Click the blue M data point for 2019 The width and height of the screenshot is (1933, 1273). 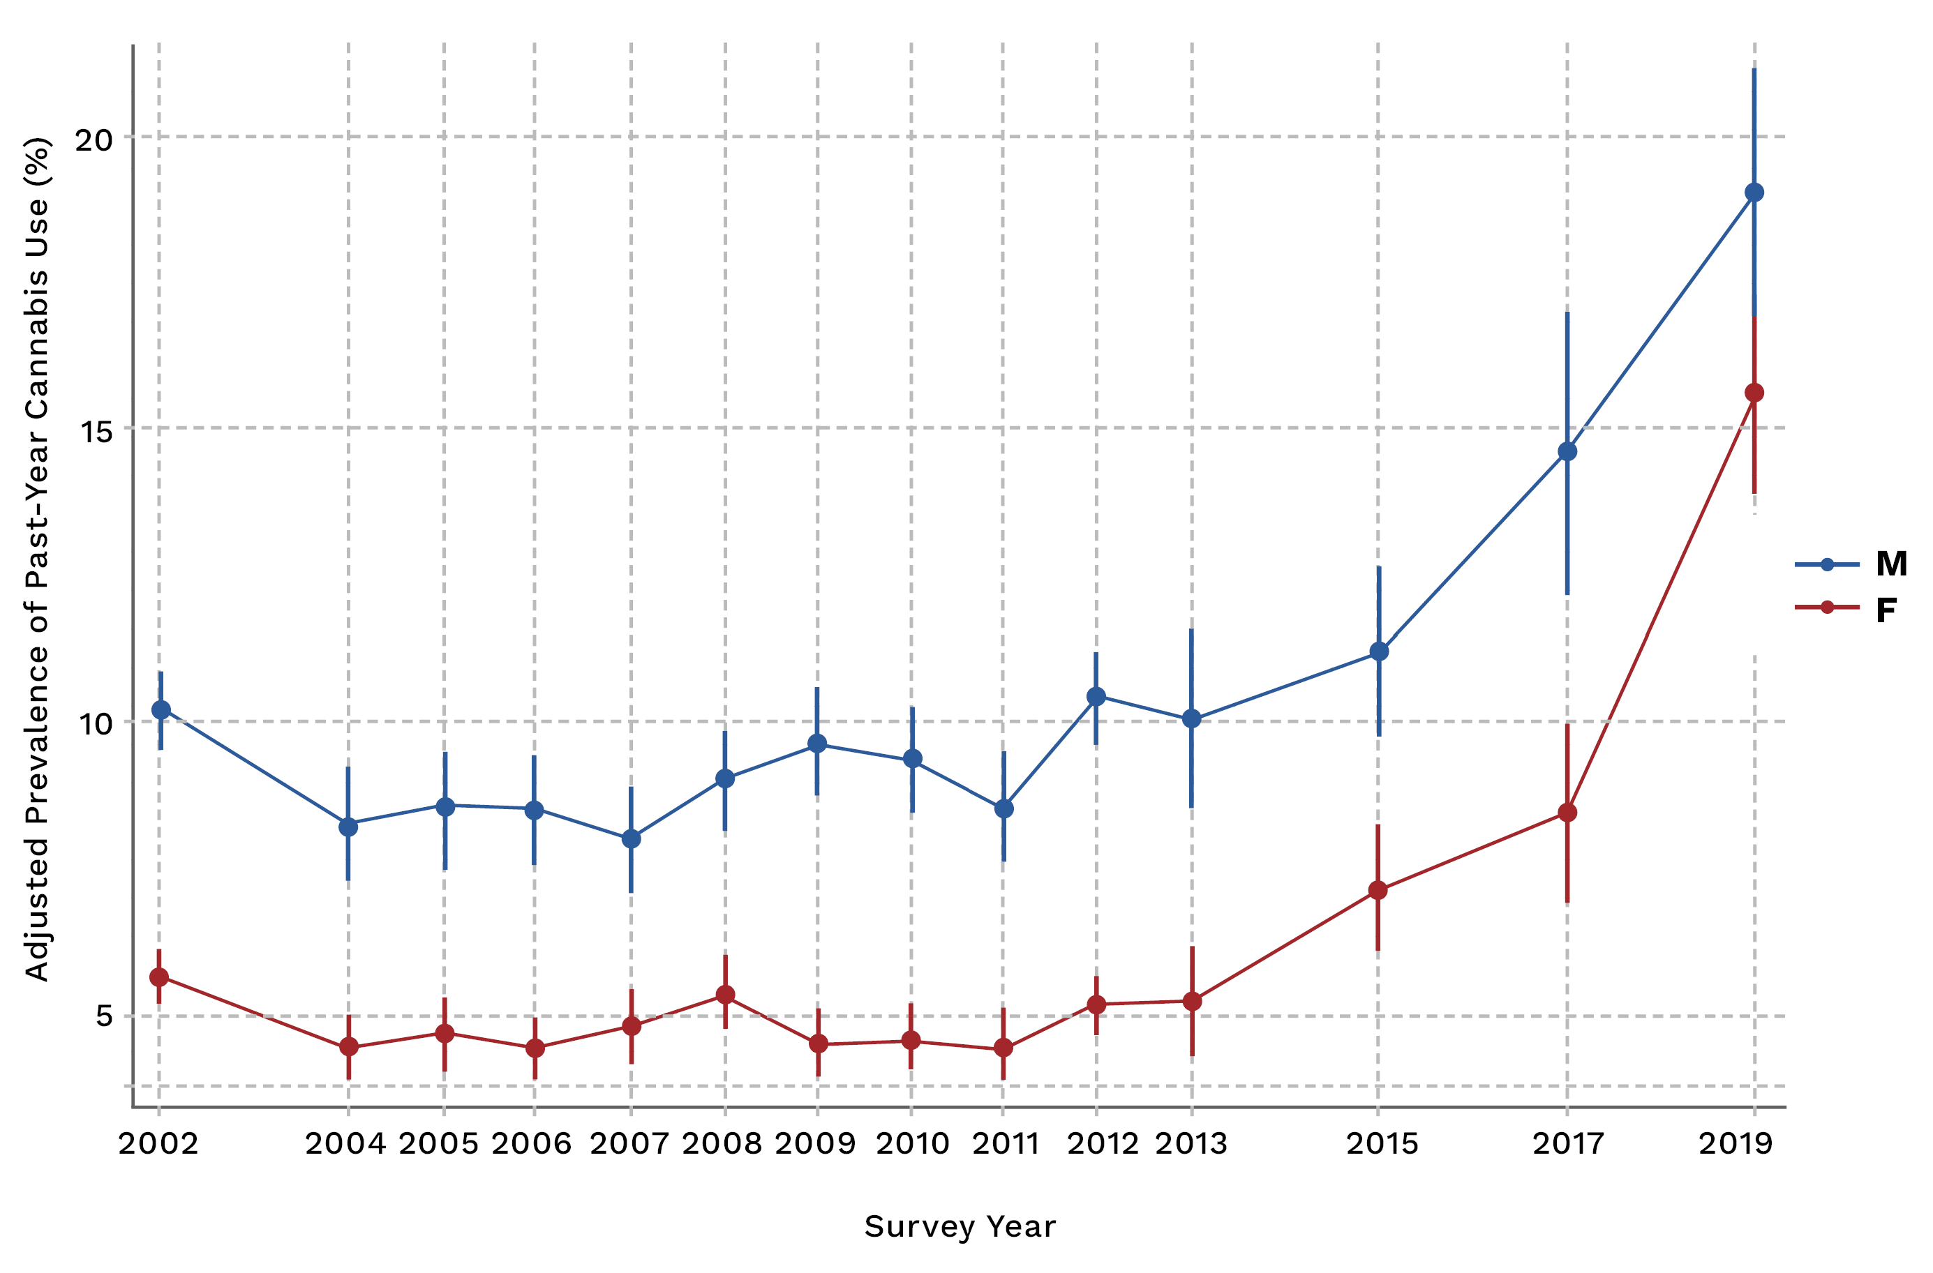point(1754,193)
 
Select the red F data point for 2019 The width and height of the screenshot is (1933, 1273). point(1754,393)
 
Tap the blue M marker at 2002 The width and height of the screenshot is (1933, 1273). point(161,710)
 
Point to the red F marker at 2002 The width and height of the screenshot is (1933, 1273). point(159,977)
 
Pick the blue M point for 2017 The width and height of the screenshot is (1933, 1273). point(1567,451)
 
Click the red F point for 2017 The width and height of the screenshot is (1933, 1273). point(1567,813)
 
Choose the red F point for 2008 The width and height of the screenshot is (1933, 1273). point(725,995)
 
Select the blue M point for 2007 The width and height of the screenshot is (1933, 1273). point(631,838)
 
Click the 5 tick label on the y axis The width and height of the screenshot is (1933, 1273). point(104,1016)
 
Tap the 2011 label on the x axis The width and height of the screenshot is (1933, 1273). point(1006,1144)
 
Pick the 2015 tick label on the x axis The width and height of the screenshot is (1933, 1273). point(1382,1144)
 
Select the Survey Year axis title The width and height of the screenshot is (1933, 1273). point(960,1227)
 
